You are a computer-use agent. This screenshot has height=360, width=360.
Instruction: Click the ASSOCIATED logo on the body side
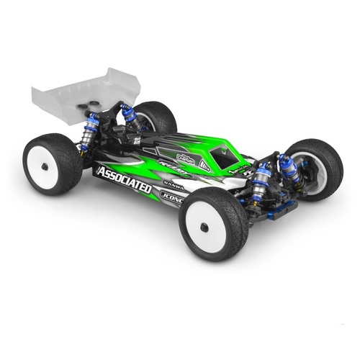(x=123, y=179)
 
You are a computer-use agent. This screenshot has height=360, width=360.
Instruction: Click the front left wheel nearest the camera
(x=214, y=223)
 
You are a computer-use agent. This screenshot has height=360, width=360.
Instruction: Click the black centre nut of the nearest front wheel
(x=204, y=228)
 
